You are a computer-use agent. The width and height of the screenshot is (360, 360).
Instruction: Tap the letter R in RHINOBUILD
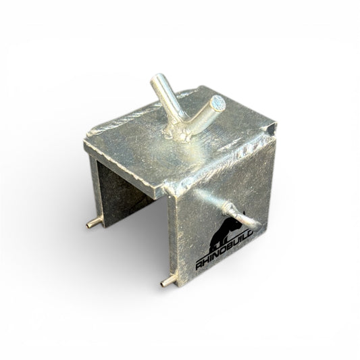coord(199,266)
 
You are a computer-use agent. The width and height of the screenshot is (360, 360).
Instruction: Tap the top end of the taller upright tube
coord(157,78)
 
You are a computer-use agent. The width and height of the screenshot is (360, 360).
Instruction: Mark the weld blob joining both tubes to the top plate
coord(177,134)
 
